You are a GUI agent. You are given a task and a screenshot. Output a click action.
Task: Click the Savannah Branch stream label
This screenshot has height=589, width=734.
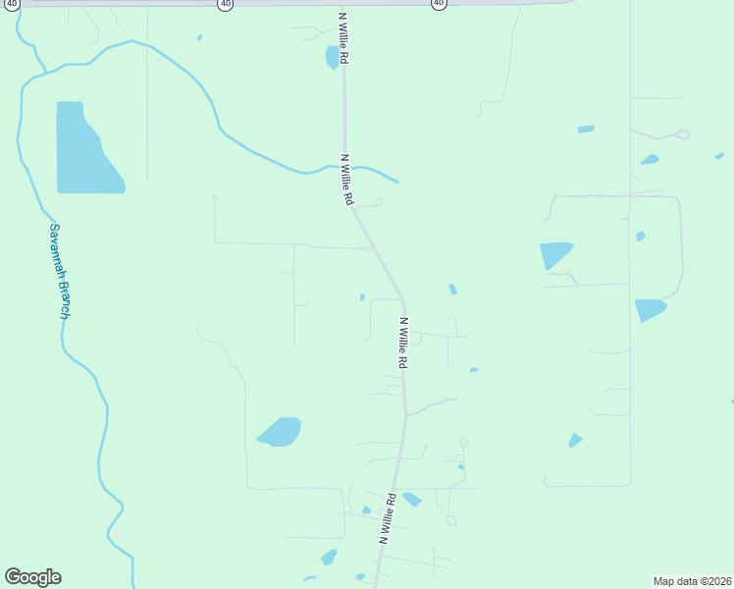pos(60,270)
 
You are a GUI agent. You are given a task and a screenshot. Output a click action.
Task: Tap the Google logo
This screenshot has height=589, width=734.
pos(33,577)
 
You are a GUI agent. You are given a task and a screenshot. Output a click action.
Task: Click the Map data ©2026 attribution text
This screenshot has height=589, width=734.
pos(693,580)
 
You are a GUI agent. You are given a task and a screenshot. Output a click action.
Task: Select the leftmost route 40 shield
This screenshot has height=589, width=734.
pos(11,4)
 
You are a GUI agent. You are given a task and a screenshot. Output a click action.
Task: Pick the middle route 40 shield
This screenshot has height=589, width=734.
pos(226,4)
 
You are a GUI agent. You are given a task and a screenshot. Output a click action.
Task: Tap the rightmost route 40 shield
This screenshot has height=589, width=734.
pos(438,4)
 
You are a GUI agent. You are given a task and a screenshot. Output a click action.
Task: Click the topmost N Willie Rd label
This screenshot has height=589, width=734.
pos(343,39)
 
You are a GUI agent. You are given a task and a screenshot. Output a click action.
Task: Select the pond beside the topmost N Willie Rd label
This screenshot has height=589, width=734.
pos(333,57)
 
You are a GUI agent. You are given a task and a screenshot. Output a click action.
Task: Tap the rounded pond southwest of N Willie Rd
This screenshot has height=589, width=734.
pos(281,431)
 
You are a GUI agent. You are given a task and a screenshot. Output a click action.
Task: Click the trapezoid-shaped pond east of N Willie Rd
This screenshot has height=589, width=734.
pos(554,254)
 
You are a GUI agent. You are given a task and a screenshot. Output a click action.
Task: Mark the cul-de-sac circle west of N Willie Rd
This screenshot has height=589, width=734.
pos(214,198)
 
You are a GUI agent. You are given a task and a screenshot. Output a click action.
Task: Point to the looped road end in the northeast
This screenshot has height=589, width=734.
pos(682,134)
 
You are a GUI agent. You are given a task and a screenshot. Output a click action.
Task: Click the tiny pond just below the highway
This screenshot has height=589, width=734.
pos(199,37)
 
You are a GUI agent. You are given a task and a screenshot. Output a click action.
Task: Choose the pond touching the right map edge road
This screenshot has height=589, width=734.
pos(649,309)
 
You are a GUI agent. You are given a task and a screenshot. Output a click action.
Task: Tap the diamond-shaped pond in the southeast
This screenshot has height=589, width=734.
pos(575,440)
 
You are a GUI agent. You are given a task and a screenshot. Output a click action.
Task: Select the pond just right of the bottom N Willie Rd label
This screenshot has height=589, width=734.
pos(412,499)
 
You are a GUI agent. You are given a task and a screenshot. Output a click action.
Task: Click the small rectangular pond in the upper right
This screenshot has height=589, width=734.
pos(586,129)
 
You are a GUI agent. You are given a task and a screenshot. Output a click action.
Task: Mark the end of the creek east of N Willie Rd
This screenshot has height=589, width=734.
pos(398,182)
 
